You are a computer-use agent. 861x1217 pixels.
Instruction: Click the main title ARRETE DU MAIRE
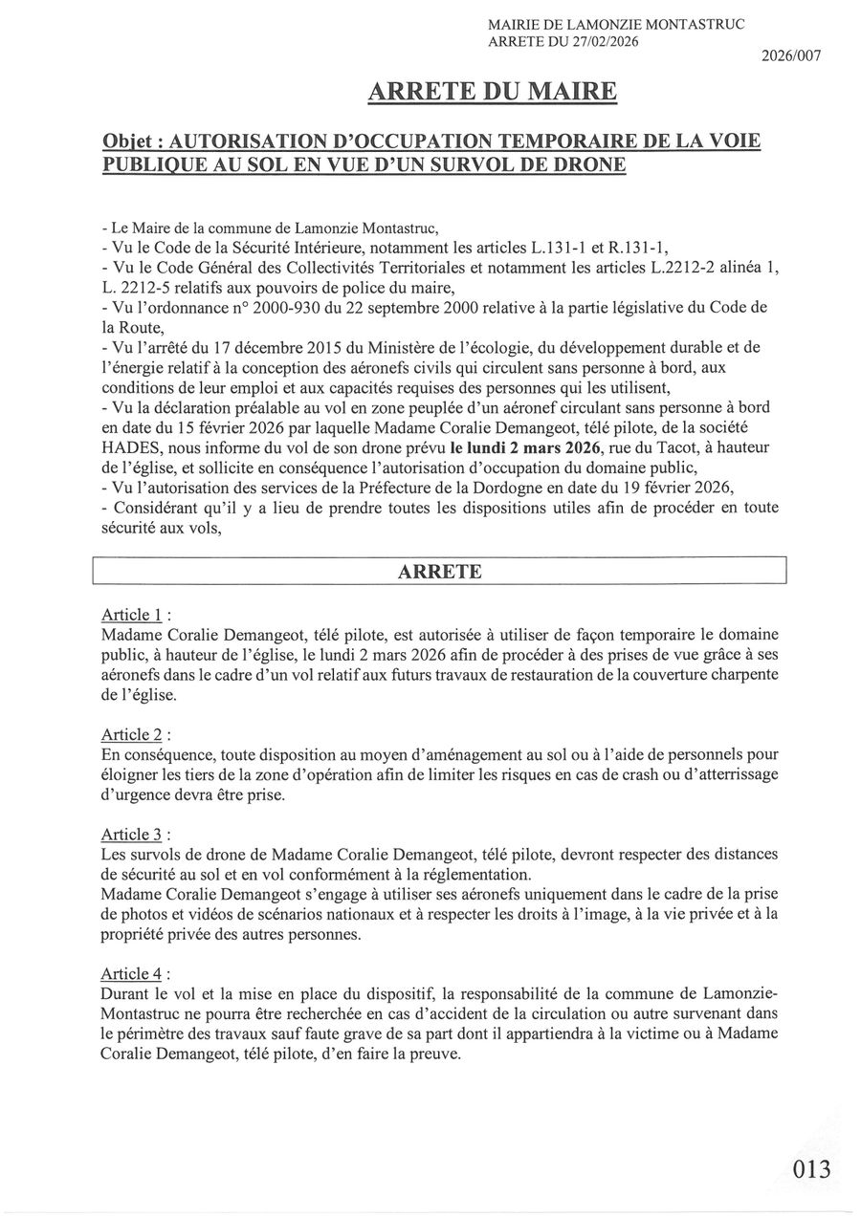tap(493, 92)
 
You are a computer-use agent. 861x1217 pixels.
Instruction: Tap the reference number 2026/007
tap(791, 56)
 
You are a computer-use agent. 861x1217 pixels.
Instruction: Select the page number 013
tap(811, 1168)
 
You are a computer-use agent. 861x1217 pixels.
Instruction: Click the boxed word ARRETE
tap(439, 572)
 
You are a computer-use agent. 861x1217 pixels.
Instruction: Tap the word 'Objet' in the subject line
tap(131, 141)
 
